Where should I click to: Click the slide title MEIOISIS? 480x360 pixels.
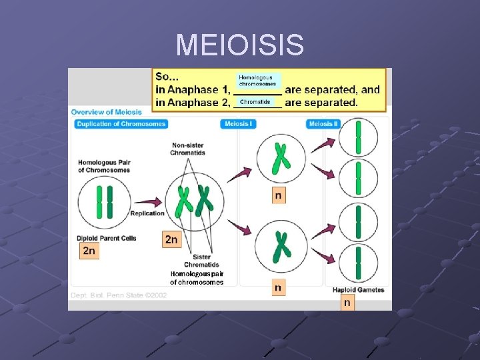[240, 45]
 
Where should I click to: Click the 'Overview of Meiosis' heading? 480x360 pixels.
[107, 112]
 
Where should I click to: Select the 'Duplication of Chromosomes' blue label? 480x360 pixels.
[121, 124]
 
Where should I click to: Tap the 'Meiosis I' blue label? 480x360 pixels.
[238, 124]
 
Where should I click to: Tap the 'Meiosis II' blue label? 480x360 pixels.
[324, 124]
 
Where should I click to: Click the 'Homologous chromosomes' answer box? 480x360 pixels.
[257, 81]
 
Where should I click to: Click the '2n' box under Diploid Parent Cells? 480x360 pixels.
[89, 251]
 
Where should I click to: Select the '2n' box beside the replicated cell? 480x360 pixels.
[171, 239]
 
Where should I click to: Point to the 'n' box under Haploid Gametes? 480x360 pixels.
[347, 303]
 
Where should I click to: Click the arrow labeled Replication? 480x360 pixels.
[151, 201]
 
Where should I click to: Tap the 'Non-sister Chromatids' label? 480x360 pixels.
[188, 149]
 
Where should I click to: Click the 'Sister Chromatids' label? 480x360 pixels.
[203, 260]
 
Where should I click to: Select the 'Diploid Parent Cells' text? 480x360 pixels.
[107, 238]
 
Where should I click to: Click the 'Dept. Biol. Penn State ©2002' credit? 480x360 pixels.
[110, 295]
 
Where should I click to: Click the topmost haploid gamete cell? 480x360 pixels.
[358, 138]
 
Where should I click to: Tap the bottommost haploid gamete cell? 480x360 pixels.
[358, 263]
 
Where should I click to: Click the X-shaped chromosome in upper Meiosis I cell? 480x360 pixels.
[281, 159]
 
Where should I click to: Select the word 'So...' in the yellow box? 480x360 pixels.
[167, 77]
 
